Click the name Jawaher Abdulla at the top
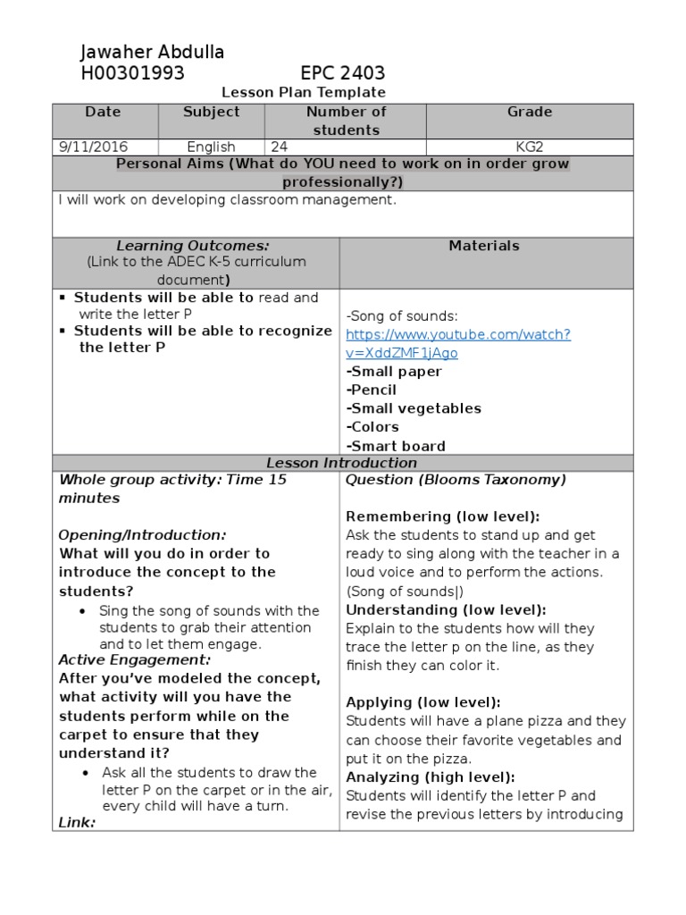pyautogui.click(x=153, y=52)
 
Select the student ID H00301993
pyautogui.click(x=132, y=73)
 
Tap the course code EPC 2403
pyautogui.click(x=342, y=73)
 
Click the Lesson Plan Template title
pyautogui.click(x=303, y=92)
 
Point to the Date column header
pyautogui.click(x=103, y=113)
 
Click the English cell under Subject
pyautogui.click(x=211, y=147)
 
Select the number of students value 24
pyautogui.click(x=277, y=147)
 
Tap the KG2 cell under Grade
pyautogui.click(x=530, y=147)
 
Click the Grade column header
pyautogui.click(x=530, y=113)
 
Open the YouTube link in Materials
pyautogui.click(x=457, y=343)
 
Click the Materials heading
pyautogui.click(x=483, y=246)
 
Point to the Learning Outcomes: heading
pyautogui.click(x=193, y=246)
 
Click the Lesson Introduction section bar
pyautogui.click(x=342, y=463)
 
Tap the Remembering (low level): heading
pyautogui.click(x=442, y=516)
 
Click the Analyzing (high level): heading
pyautogui.click(x=430, y=776)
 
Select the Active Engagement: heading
pyautogui.click(x=135, y=660)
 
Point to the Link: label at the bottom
pyautogui.click(x=77, y=822)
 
